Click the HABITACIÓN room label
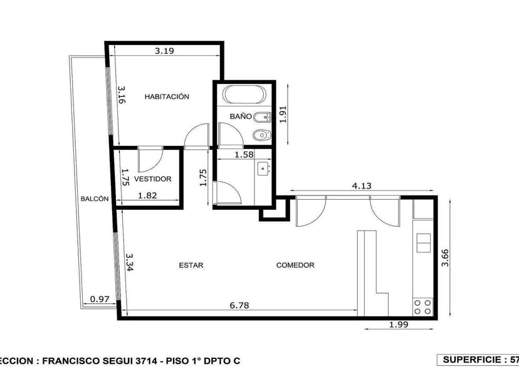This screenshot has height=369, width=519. point(167,96)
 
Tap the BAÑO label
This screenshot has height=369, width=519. point(240,117)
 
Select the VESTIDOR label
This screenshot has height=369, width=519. point(152,179)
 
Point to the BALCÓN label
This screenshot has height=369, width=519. point(95,199)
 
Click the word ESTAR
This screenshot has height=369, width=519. point(191,265)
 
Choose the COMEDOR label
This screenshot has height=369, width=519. point(295,265)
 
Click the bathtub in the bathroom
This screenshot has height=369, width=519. point(244,95)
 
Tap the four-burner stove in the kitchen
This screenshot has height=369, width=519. point(422,306)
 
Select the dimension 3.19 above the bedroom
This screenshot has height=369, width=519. point(164,51)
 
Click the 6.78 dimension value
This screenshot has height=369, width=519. point(239,305)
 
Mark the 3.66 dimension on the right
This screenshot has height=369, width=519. point(445,258)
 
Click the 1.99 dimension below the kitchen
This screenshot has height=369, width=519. point(399,324)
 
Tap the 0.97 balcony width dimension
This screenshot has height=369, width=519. point(100,299)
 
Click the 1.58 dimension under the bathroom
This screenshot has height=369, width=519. point(244,155)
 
